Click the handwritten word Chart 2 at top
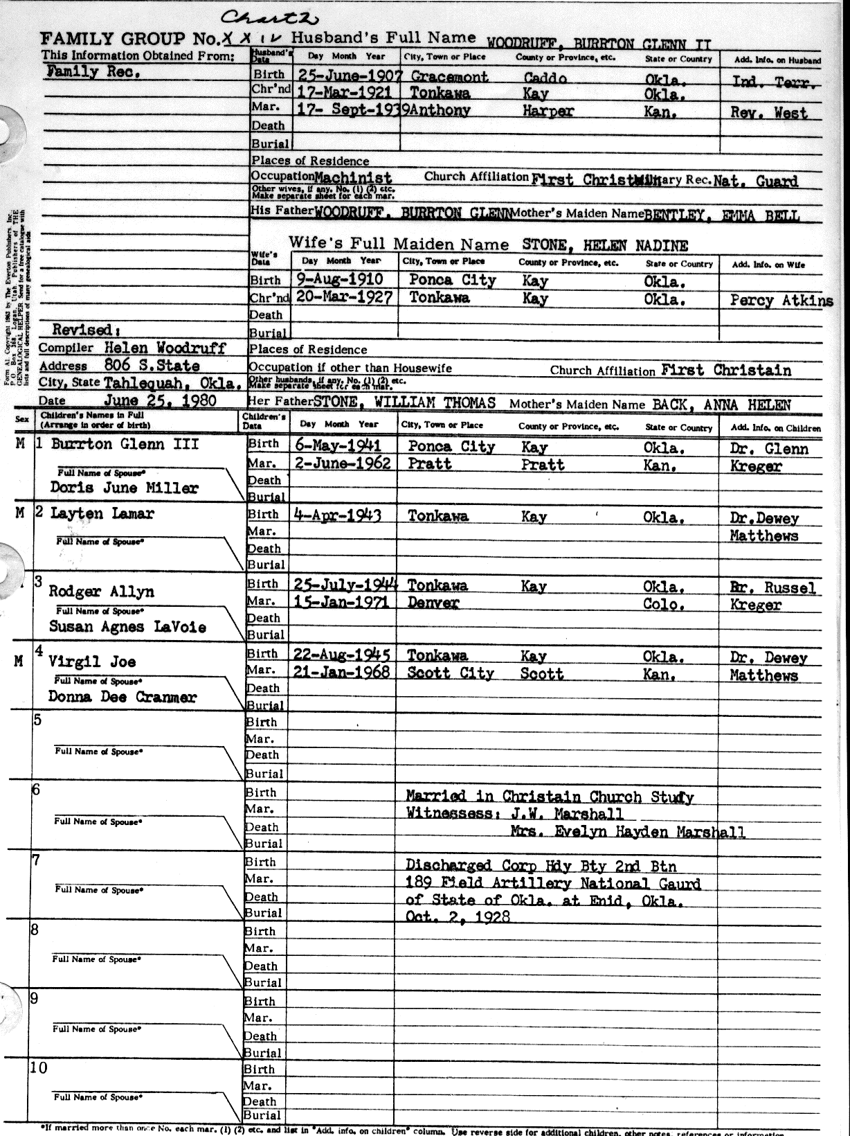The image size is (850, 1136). (x=257, y=19)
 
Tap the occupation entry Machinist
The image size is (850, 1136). (x=353, y=178)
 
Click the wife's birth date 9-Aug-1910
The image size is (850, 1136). (x=338, y=280)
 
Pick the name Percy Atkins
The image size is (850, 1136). (x=781, y=301)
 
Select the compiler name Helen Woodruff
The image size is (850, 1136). (x=165, y=348)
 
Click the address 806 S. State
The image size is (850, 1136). (x=152, y=366)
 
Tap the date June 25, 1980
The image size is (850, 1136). (x=160, y=400)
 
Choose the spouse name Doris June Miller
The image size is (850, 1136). (x=124, y=488)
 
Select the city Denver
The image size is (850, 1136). (x=433, y=603)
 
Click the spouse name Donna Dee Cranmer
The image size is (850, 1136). (x=122, y=697)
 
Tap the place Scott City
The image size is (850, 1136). (x=450, y=673)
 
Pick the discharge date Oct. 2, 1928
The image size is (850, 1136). (x=458, y=917)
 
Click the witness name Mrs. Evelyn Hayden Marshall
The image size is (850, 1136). (x=628, y=832)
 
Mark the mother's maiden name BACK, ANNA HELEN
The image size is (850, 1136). (x=721, y=404)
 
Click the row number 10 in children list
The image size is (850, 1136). (x=39, y=1067)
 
